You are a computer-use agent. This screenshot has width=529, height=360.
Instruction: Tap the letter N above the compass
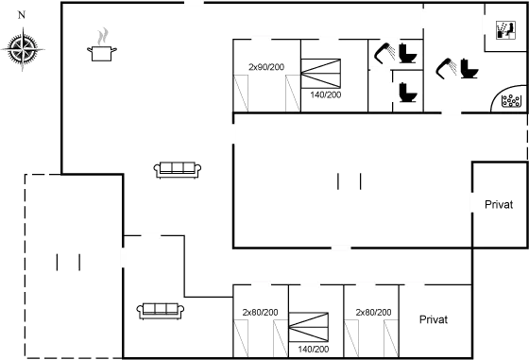(23, 14)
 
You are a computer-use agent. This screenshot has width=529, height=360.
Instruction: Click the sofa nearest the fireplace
(178, 169)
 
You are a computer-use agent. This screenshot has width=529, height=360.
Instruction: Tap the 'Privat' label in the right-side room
(499, 204)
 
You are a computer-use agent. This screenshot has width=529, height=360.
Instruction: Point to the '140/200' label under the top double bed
(324, 94)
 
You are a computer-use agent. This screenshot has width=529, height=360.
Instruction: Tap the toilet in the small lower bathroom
(405, 91)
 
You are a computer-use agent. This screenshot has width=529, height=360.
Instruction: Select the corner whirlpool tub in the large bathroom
(510, 98)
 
